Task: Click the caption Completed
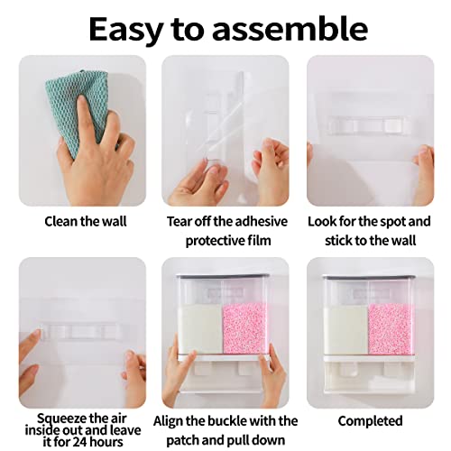pyautogui.click(x=370, y=420)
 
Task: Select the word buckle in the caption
pyautogui.click(x=240, y=420)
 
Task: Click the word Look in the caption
pyautogui.click(x=324, y=221)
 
